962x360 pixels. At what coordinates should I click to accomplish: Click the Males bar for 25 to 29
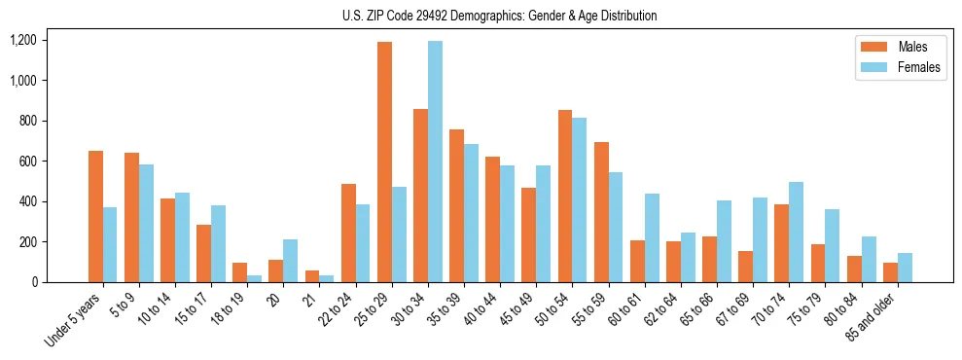[x=385, y=162]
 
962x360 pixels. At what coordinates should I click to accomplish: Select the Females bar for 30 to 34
[x=435, y=162]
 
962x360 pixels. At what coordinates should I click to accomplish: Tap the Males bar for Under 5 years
[x=95, y=216]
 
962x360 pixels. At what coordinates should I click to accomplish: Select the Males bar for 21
[x=312, y=276]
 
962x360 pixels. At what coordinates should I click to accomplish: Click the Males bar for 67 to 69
[x=746, y=267]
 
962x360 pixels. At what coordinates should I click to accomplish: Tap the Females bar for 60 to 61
[x=652, y=237]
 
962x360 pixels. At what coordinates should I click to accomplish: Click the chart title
[x=499, y=16]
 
